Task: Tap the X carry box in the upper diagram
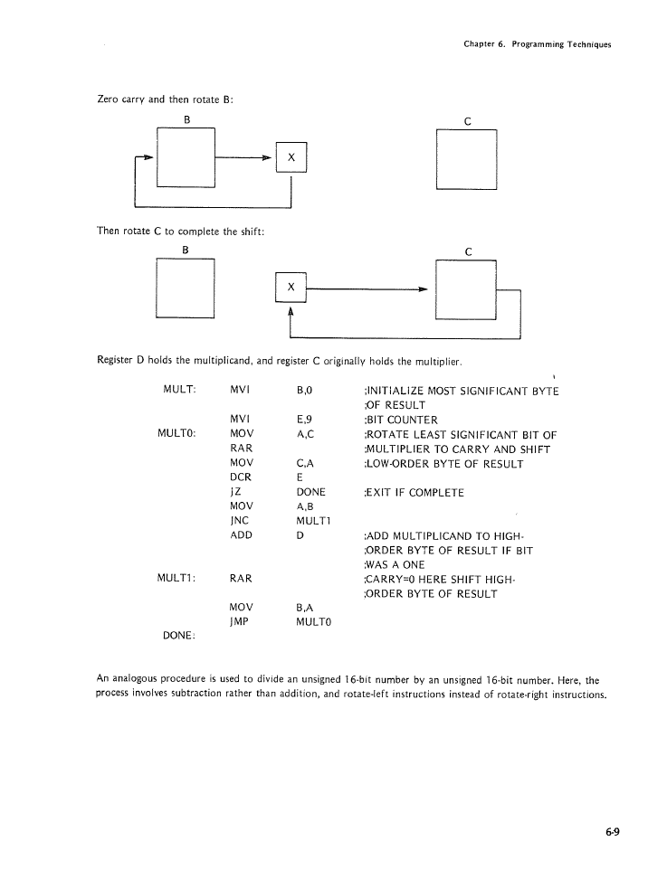pos(291,157)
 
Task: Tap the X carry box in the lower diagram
pos(291,287)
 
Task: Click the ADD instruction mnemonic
pos(241,535)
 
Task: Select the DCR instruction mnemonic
pos(240,477)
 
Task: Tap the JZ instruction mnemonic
pos(235,492)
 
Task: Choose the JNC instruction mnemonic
pos(240,521)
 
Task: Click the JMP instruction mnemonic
pos(240,622)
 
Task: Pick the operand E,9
pos(304,420)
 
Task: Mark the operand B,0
pos(304,391)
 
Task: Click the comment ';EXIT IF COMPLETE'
pos(413,492)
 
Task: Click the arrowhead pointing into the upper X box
pos(269,157)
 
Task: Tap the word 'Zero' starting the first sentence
pos(109,99)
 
